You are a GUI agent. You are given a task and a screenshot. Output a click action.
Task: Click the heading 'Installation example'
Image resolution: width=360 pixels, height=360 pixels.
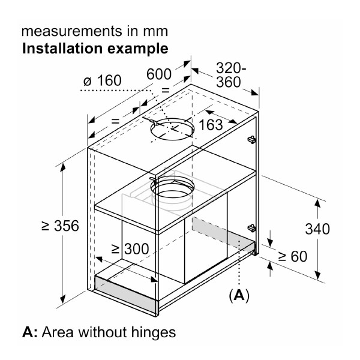coord(95,47)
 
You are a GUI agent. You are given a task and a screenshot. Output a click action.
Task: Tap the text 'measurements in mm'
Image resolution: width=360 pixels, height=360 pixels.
coord(95,30)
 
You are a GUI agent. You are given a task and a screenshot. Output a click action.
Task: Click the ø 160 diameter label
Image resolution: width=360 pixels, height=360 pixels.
coord(102,80)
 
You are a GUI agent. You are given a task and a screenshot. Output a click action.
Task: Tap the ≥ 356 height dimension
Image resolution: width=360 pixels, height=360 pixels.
coord(60,226)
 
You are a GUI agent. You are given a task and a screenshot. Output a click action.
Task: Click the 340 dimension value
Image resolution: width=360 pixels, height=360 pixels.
coord(317,229)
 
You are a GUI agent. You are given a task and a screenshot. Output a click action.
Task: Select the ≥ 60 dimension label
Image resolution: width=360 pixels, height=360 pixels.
coord(292,256)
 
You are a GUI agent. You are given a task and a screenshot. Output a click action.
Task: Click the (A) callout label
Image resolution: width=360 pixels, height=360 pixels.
coord(239,295)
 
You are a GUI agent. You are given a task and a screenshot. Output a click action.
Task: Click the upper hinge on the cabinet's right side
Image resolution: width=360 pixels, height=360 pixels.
coord(251,140)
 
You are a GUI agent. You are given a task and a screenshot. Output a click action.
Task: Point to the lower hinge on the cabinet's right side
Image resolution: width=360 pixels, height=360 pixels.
coord(252,228)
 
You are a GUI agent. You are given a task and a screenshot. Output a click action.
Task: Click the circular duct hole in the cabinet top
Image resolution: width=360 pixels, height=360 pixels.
coord(173,128)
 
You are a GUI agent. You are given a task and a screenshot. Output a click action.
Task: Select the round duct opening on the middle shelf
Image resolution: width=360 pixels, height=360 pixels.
coord(173,189)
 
